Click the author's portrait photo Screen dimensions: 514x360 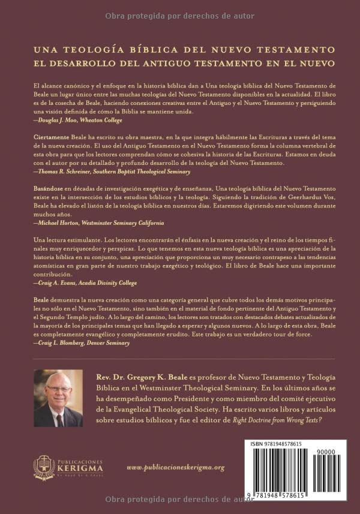tap(58, 398)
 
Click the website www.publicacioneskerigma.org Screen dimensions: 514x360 tap(176, 467)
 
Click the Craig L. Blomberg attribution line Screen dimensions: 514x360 tap(81, 344)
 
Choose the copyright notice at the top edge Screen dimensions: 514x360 tap(179, 16)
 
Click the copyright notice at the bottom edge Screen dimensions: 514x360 tap(179, 500)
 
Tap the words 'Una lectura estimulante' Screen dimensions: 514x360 tap(67, 239)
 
